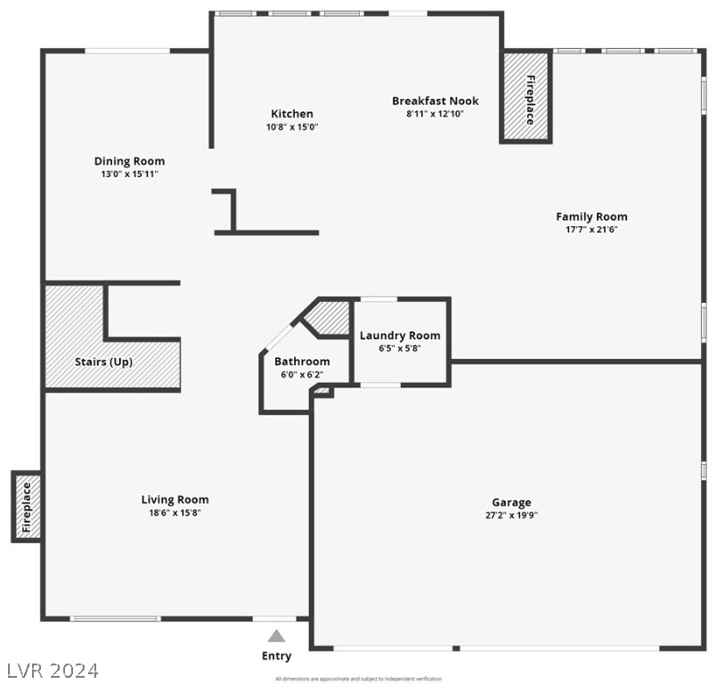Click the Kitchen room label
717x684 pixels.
292,113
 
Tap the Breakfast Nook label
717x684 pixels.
435,101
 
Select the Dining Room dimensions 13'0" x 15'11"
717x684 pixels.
130,175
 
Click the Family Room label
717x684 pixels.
591,216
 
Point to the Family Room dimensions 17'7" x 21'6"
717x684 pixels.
591,230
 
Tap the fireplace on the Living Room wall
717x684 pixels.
26,507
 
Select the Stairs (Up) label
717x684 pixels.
102,362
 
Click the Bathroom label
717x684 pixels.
302,362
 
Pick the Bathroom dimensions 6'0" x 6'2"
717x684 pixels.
302,375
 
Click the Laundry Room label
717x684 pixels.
400,336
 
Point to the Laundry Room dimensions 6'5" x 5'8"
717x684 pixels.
400,348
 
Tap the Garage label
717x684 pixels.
511,502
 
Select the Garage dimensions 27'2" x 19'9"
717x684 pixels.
511,515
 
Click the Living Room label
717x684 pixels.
175,500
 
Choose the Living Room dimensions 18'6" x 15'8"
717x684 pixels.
175,513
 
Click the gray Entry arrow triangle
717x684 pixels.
277,636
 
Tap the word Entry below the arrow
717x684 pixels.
276,656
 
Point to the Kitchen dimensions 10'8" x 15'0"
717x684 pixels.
292,126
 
